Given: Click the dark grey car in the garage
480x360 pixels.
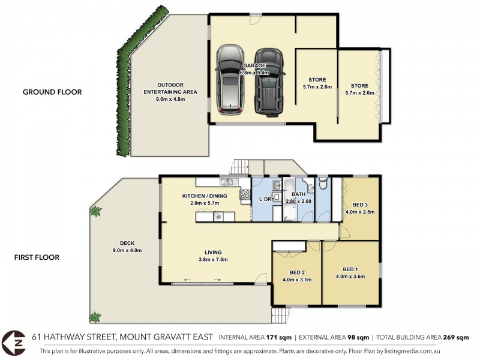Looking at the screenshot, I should coord(269,81).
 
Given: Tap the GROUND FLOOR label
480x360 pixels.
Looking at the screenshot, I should coord(52,92).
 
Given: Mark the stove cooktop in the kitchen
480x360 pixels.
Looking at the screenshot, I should coord(245,193).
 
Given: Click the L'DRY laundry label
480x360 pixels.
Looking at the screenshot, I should coord(266,199).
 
